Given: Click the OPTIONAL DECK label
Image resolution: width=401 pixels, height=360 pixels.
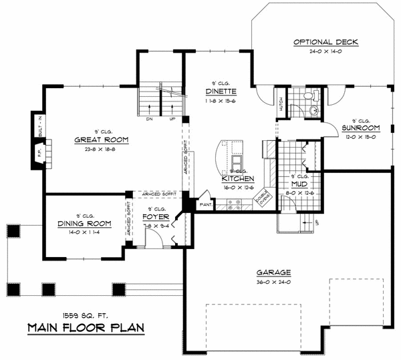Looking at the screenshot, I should coord(326,42).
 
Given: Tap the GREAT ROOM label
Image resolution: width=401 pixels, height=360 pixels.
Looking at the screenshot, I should coord(102,140).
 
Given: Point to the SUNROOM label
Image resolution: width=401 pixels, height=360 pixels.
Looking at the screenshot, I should coord(361,128).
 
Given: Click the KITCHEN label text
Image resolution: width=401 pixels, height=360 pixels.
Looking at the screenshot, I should coord(238,179).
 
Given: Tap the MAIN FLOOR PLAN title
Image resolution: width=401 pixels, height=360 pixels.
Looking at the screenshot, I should coord(85,327).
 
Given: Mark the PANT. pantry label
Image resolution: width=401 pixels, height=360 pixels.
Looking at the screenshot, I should coord(205,204).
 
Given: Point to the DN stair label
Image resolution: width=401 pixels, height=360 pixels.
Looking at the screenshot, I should coord(148,120).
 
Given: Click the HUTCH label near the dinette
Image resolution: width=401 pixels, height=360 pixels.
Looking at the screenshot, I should coord(281,104).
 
